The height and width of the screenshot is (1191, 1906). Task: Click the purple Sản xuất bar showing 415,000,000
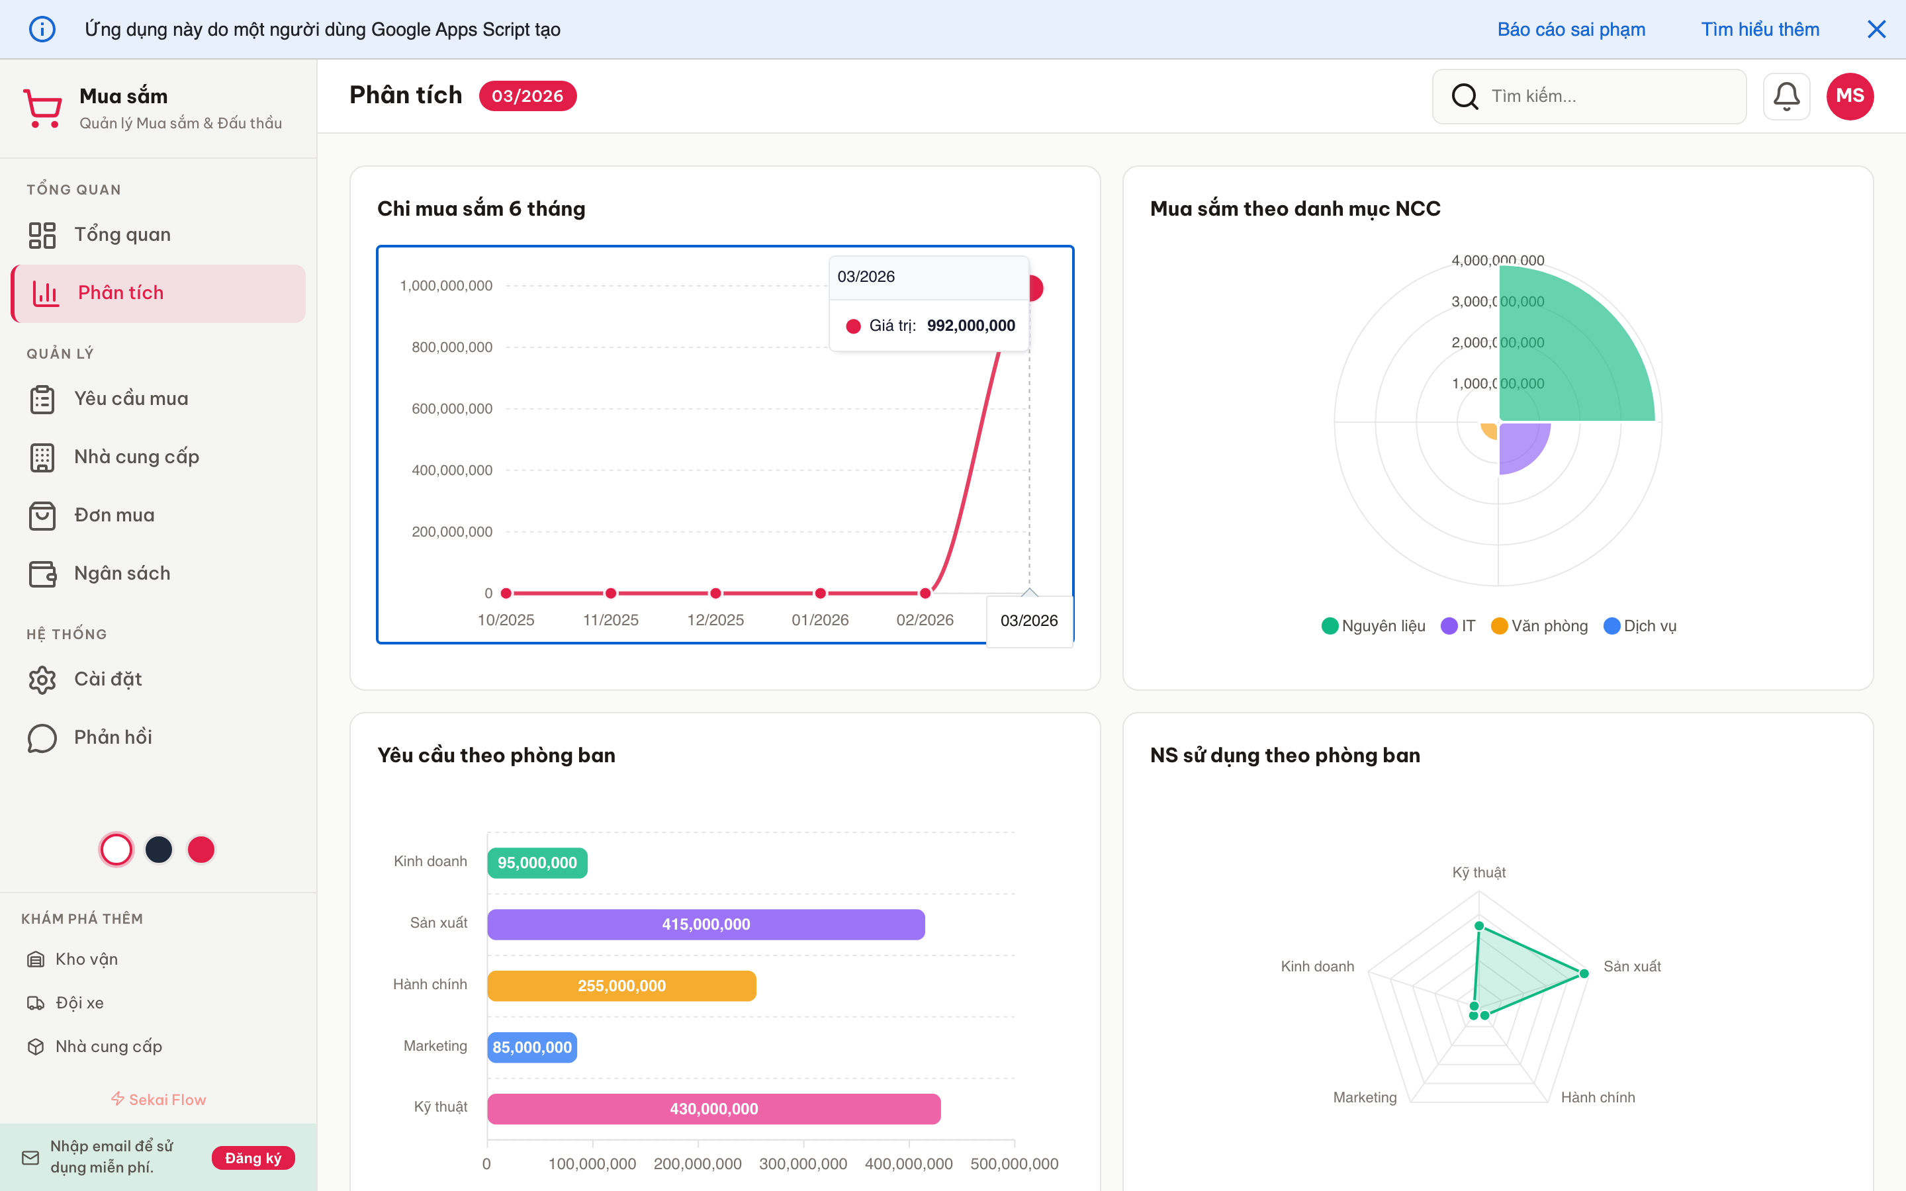click(x=705, y=924)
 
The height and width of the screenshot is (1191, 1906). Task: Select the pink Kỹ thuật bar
click(x=713, y=1108)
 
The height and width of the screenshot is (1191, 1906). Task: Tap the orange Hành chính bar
click(x=621, y=985)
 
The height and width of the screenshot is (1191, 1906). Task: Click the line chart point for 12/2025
click(x=715, y=593)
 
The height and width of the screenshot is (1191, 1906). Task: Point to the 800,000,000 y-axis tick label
click(x=451, y=347)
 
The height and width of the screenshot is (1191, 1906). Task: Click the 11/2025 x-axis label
click(x=610, y=620)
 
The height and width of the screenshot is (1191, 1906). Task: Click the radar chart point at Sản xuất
click(x=1584, y=973)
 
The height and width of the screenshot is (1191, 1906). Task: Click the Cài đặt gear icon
click(x=42, y=679)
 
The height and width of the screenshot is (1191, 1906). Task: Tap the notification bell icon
click(x=1786, y=96)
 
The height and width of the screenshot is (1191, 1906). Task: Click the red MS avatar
click(x=1848, y=96)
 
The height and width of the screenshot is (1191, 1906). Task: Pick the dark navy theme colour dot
click(x=159, y=849)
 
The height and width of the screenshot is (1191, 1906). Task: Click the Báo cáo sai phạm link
click(x=1570, y=29)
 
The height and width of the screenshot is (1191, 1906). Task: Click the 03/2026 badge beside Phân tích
click(x=527, y=96)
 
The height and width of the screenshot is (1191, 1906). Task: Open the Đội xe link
click(x=79, y=1002)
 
